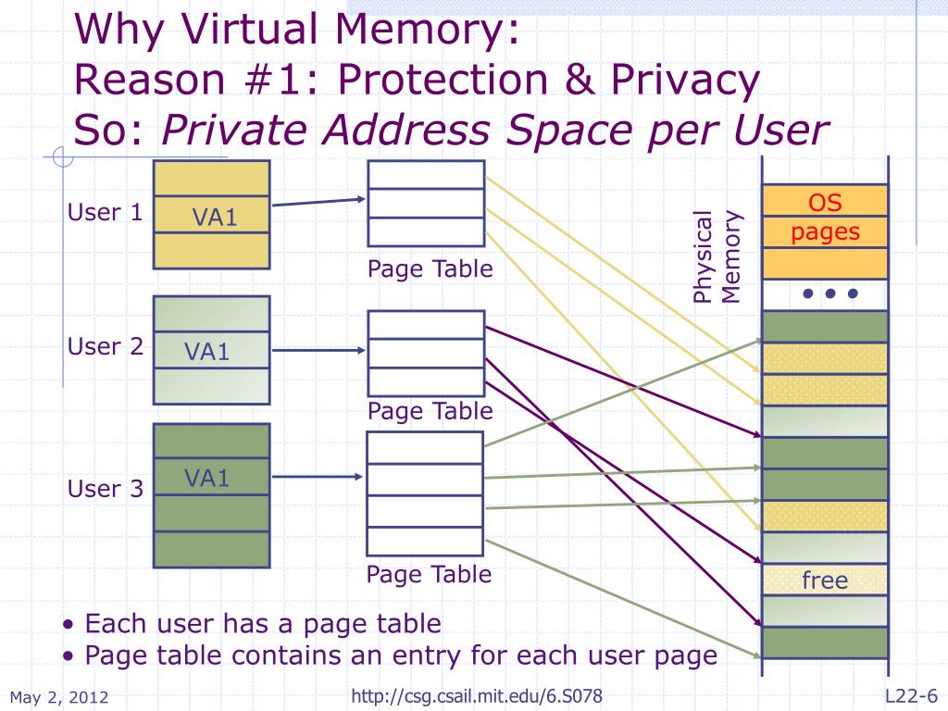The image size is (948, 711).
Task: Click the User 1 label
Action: point(105,213)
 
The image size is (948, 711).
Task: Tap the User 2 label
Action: point(105,347)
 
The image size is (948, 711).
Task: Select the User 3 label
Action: point(105,489)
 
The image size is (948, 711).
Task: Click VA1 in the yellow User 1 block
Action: point(215,218)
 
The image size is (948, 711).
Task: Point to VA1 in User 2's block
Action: point(206,352)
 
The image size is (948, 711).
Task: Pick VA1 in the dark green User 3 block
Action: point(206,479)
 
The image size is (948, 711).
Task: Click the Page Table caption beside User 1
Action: point(430,269)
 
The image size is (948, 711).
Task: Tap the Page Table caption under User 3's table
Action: point(429,574)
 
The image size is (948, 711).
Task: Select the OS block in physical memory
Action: point(824,202)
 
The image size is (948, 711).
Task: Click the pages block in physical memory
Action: point(824,232)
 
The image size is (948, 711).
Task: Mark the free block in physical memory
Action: point(824,580)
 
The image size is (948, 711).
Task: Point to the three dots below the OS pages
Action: point(830,294)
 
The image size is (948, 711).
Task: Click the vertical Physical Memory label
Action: point(717,256)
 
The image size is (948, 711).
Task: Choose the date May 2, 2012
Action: point(59,697)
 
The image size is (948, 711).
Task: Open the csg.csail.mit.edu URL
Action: point(479,695)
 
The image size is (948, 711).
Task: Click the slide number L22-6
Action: point(912,695)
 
